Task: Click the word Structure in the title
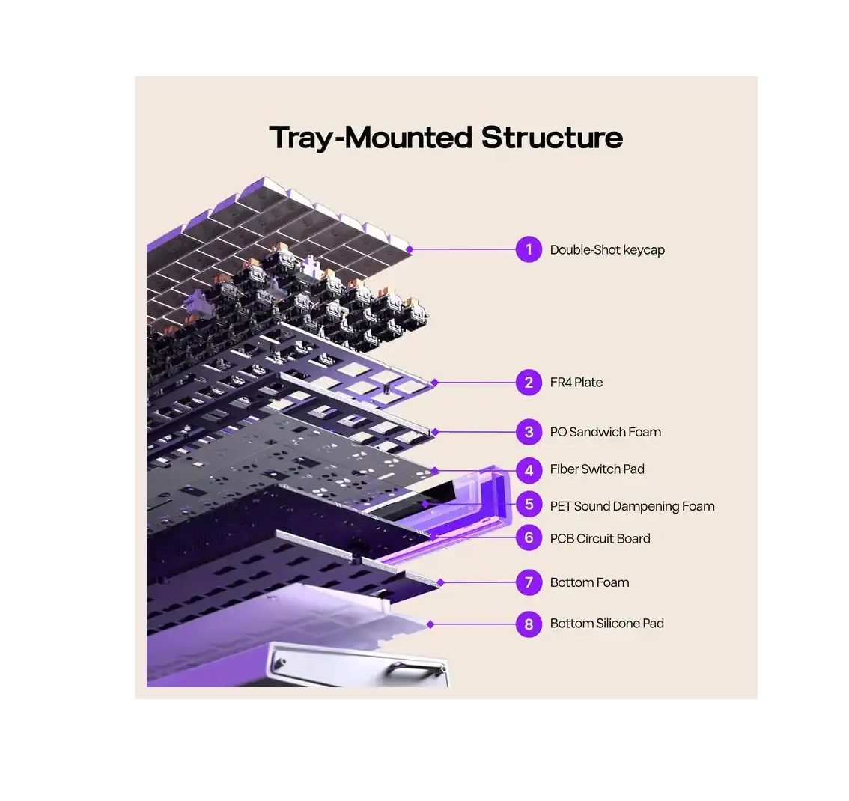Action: [552, 137]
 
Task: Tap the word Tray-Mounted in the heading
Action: [371, 138]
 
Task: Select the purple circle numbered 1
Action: [529, 249]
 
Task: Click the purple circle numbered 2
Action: [529, 383]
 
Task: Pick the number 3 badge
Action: [529, 432]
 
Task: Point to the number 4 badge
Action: [529, 470]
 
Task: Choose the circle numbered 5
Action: [529, 505]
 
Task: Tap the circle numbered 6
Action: [529, 538]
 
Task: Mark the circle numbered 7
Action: [529, 582]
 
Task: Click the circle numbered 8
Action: [529, 624]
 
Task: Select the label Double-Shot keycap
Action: [607, 250]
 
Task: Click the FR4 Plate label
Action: [576, 382]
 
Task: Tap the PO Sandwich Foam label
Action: [606, 432]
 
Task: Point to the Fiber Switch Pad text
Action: [597, 469]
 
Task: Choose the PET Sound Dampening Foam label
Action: [633, 506]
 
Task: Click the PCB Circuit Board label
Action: [600, 538]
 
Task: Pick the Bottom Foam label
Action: [590, 582]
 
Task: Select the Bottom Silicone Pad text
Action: [607, 623]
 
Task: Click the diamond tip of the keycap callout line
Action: [410, 249]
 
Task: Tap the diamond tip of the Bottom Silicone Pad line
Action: [430, 624]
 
